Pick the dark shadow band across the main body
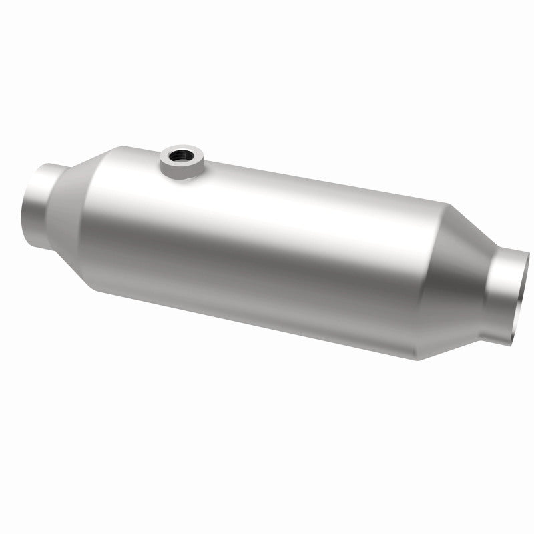coord(267,267)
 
